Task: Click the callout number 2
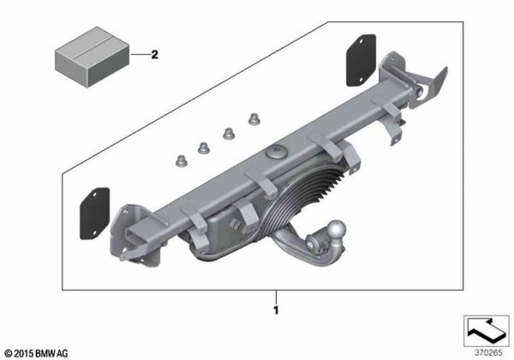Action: [155, 57]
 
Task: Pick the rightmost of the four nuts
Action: [254, 119]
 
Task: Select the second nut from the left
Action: [206, 146]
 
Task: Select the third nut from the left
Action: [230, 133]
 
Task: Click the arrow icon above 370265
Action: [487, 328]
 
